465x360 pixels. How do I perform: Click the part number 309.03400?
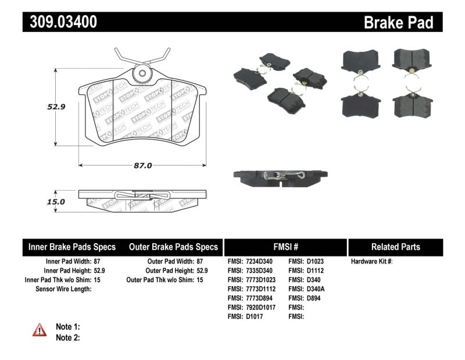[x=60, y=22]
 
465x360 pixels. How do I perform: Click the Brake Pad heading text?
[x=398, y=22]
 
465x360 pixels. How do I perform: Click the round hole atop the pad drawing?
[x=141, y=74]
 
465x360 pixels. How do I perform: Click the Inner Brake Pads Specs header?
[x=72, y=247]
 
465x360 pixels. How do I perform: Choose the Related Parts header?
[x=395, y=247]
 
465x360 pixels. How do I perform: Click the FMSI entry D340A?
[x=313, y=289]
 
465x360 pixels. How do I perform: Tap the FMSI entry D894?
[x=312, y=298]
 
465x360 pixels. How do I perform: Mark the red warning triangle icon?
[x=39, y=330]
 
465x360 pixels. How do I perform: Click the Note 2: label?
[x=68, y=337]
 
